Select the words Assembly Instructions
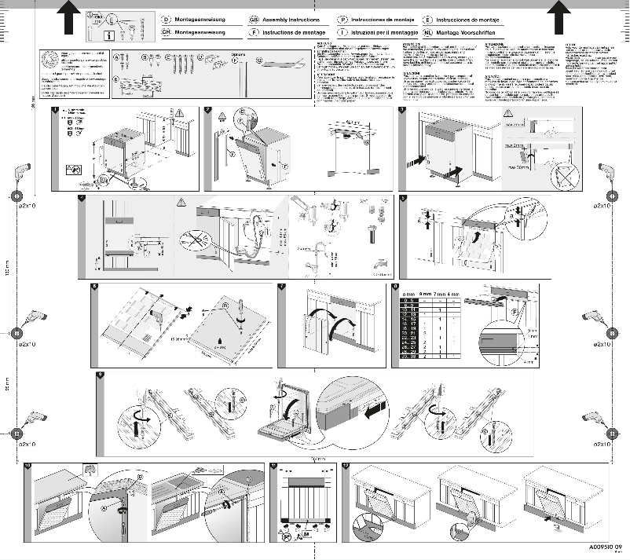[x=288, y=17]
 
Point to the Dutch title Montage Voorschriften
[x=463, y=32]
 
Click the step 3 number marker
[x=402, y=110]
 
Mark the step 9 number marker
[x=100, y=375]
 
